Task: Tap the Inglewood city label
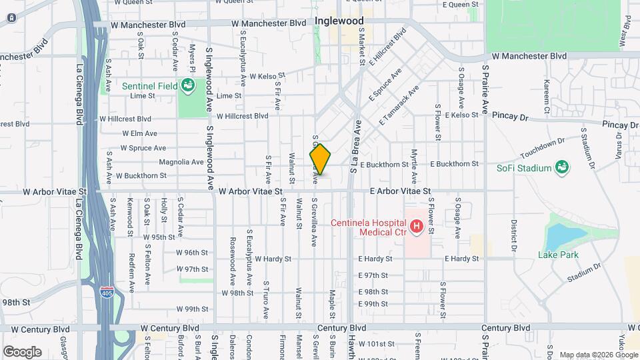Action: point(339,21)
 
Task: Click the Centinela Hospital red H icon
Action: point(417,227)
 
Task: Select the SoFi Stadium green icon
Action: point(561,166)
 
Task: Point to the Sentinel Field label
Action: point(150,86)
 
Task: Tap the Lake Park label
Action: point(558,255)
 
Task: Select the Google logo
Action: point(22,352)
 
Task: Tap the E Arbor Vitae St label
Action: point(401,191)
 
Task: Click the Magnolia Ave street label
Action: point(181,162)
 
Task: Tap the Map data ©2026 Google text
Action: point(598,355)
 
